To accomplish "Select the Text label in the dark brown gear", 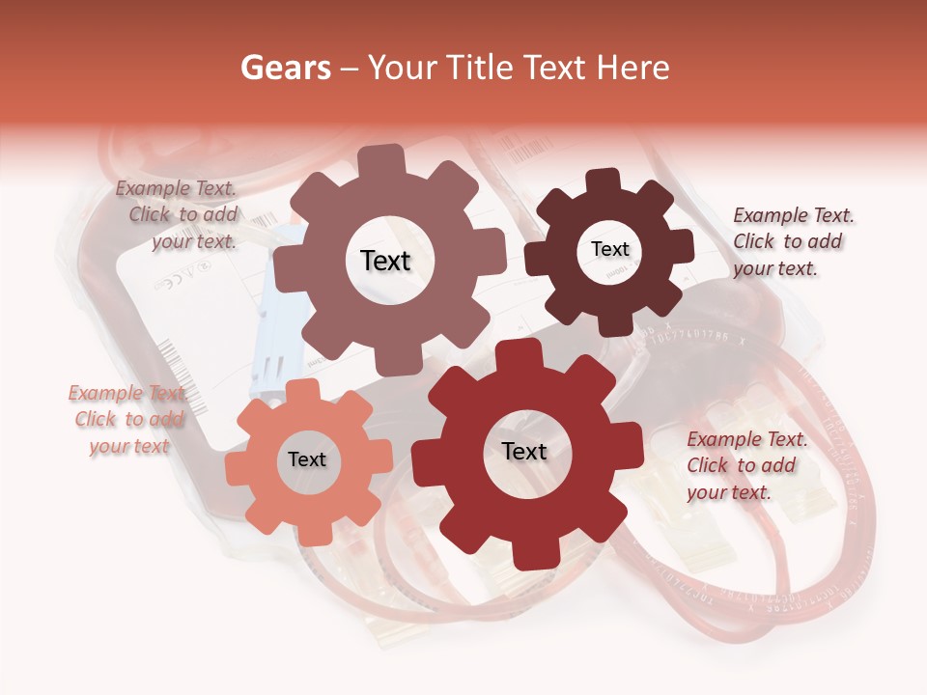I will (609, 249).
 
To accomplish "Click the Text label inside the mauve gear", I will (385, 261).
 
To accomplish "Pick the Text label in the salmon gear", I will (307, 459).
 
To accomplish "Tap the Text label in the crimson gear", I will (524, 451).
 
